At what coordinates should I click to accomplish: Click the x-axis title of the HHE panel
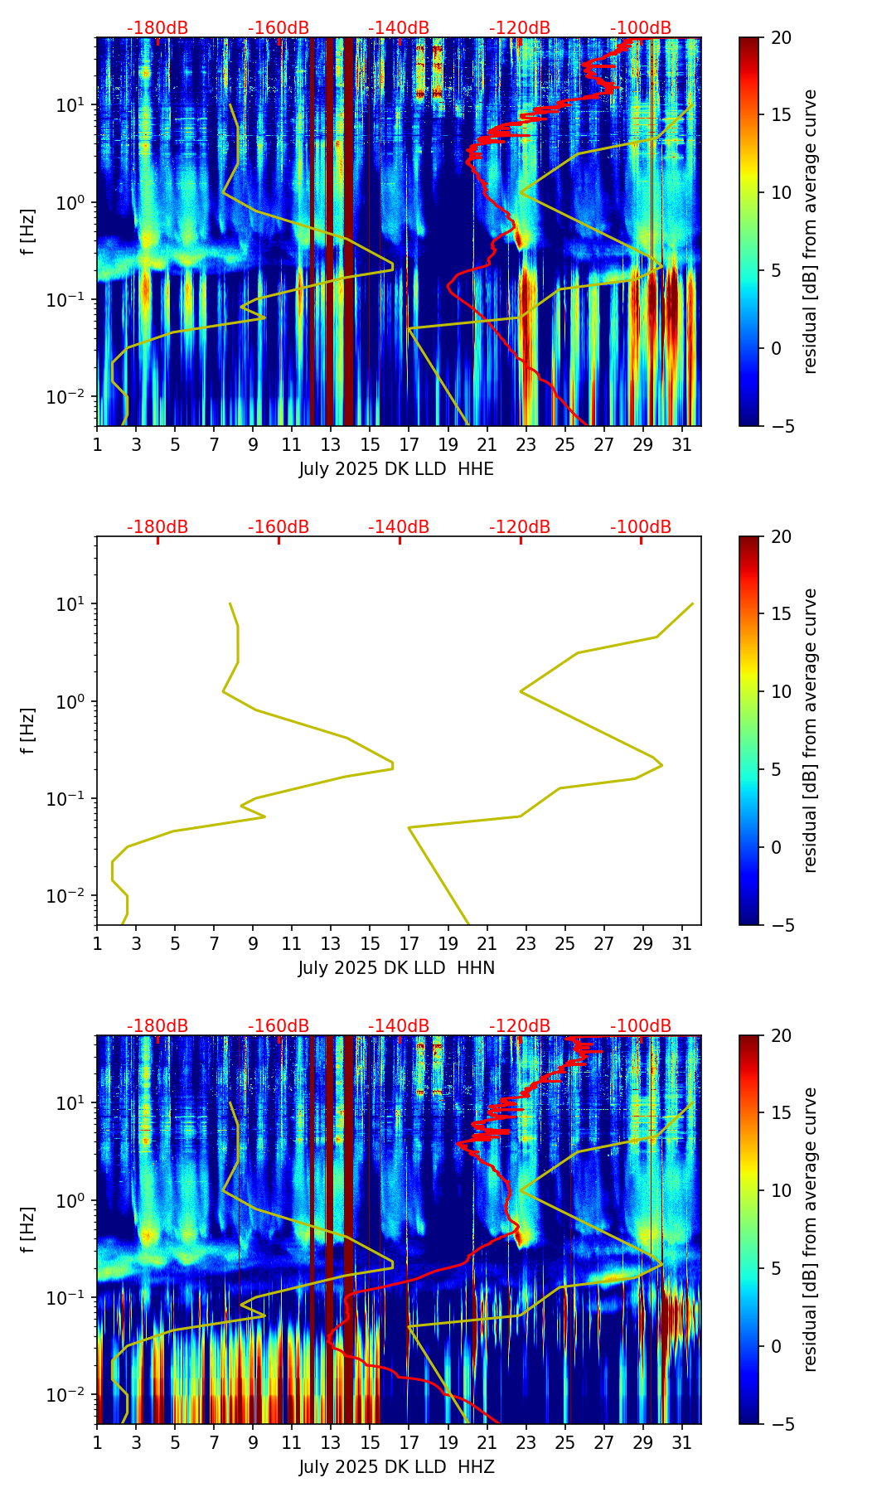pos(396,469)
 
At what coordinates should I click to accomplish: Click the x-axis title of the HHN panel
pos(396,968)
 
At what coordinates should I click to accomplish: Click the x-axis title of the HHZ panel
pos(396,1467)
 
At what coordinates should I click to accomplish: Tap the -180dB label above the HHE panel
pos(157,28)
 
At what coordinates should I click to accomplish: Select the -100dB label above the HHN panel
pos(641,527)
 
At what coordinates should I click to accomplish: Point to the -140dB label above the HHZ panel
pos(399,1026)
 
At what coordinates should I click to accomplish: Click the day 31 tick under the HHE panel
pos(682,444)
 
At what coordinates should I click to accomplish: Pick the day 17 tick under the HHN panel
pos(409,943)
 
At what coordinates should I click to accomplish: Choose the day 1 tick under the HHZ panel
pos(97,1442)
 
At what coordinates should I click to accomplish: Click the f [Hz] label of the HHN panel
pos(29,730)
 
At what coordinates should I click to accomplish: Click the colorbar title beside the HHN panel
pos(811,730)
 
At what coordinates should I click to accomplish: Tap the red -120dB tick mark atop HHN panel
pos(521,540)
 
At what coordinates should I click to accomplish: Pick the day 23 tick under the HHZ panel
pos(526,1442)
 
